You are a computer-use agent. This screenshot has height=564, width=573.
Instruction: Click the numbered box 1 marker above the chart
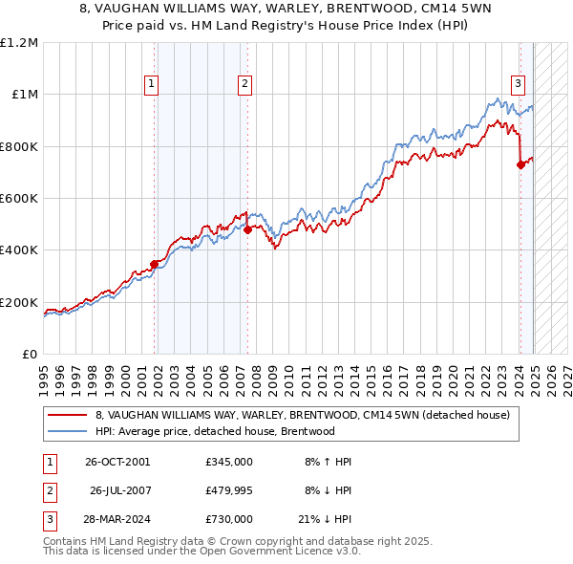pos(152,84)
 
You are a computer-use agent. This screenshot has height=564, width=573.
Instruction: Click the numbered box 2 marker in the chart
pos(245,84)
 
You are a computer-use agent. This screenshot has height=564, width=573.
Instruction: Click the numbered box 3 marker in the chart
pos(518,82)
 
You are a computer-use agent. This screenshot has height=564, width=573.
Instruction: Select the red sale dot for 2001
pos(154,265)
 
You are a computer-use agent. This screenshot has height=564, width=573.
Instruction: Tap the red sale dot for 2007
pos(246,229)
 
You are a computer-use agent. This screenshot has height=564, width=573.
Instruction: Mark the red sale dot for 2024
pos(520,164)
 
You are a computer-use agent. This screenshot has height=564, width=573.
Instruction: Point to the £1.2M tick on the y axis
pos(18,43)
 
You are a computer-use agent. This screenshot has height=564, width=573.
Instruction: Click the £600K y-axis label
pos(18,199)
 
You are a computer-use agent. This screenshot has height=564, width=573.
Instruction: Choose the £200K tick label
pos(18,302)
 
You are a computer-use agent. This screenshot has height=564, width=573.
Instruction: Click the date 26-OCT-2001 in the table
pos(117,461)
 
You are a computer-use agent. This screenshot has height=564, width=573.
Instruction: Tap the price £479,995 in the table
pos(228,490)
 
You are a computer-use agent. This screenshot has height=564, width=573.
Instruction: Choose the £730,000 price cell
pos(228,519)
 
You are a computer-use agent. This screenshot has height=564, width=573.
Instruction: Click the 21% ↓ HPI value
pos(324,519)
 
